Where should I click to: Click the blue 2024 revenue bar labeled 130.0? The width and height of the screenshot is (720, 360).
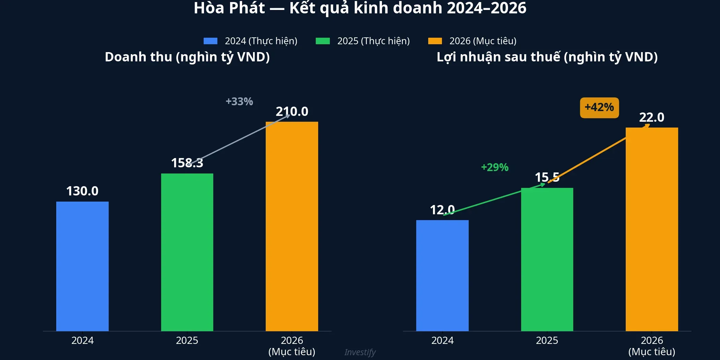click(82, 266)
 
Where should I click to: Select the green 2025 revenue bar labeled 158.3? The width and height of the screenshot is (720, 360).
click(187, 252)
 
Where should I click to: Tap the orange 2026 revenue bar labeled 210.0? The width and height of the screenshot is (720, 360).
click(292, 226)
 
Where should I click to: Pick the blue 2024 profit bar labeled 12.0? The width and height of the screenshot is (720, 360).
click(442, 275)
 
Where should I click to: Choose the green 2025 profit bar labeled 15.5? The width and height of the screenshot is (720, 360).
click(547, 259)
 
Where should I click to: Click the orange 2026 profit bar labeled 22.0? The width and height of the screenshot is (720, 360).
click(652, 229)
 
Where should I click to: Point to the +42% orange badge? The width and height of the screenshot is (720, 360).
click(599, 108)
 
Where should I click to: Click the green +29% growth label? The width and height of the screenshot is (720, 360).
click(495, 167)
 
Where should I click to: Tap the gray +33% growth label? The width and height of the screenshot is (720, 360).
click(239, 101)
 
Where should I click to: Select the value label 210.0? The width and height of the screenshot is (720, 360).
click(292, 111)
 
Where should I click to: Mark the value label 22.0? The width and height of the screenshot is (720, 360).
click(652, 117)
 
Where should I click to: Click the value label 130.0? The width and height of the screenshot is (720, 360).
click(82, 191)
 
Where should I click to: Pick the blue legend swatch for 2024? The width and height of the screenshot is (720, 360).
click(211, 41)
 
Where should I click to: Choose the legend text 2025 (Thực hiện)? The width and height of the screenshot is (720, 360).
click(373, 41)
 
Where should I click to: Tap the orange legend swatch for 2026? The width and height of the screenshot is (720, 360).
click(435, 41)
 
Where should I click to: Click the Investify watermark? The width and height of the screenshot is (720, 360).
click(360, 352)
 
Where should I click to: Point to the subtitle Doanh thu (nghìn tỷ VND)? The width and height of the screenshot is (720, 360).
click(187, 57)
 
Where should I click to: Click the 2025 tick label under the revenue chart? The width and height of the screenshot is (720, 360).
click(187, 340)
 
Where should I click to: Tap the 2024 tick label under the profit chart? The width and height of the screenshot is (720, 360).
click(442, 340)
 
